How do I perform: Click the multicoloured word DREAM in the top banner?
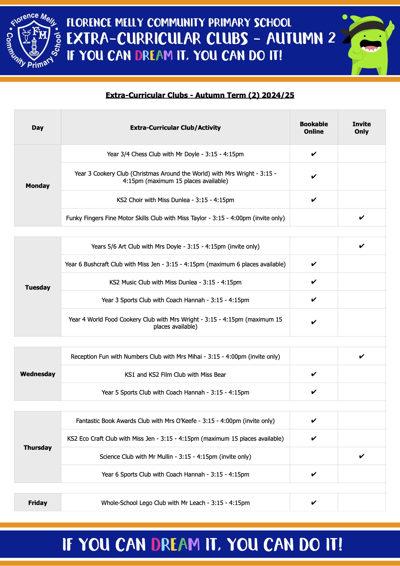[x=154, y=56]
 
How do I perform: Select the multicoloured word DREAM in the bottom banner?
[x=175, y=545]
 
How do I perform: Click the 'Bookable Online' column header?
[x=314, y=128]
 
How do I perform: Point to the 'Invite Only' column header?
[x=361, y=128]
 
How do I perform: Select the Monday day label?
[x=38, y=186]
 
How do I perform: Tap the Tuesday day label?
[x=38, y=287]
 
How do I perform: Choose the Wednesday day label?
[x=38, y=374]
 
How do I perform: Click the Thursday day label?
[x=38, y=448]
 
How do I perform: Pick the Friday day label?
[x=38, y=503]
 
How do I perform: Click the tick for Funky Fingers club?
[x=361, y=218]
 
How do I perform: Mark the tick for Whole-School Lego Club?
[x=314, y=502]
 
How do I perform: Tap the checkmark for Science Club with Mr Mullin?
[x=361, y=456]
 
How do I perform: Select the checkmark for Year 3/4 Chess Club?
[x=314, y=154]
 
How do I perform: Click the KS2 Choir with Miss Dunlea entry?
[x=175, y=200]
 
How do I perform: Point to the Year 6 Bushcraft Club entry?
[x=175, y=264]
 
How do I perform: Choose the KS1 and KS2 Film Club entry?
[x=175, y=375]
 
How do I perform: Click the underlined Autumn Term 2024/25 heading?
[x=200, y=95]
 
